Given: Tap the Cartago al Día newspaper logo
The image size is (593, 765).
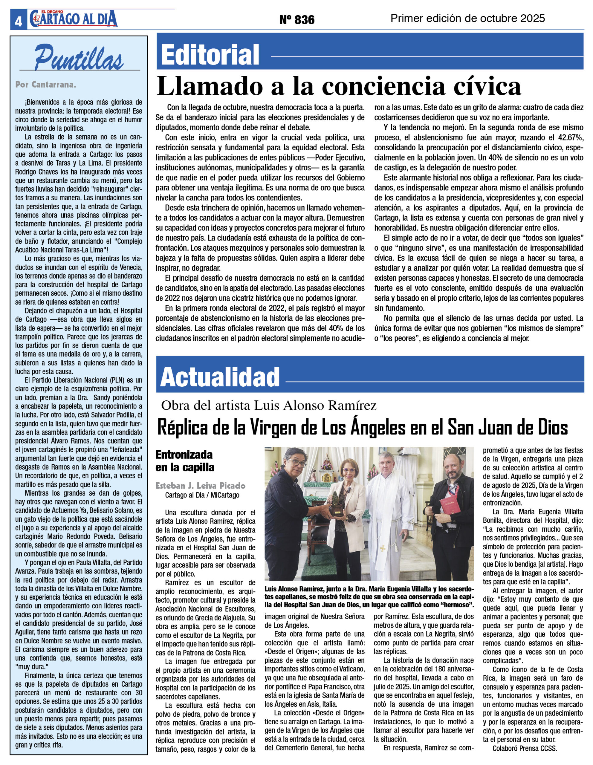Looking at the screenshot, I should point(74,19).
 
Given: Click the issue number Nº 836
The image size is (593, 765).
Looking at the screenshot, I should point(297,20).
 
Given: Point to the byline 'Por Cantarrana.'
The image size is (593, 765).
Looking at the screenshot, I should point(45,84).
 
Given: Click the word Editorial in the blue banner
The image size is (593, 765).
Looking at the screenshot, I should point(210,55).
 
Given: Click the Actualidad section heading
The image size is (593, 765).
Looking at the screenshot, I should point(220,377).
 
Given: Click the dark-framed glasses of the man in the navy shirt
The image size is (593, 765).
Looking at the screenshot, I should point(297,463).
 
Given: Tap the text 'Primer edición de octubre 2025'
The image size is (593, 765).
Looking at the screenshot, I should point(467,18).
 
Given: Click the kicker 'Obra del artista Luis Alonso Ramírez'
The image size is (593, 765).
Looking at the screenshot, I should point(269,405).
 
